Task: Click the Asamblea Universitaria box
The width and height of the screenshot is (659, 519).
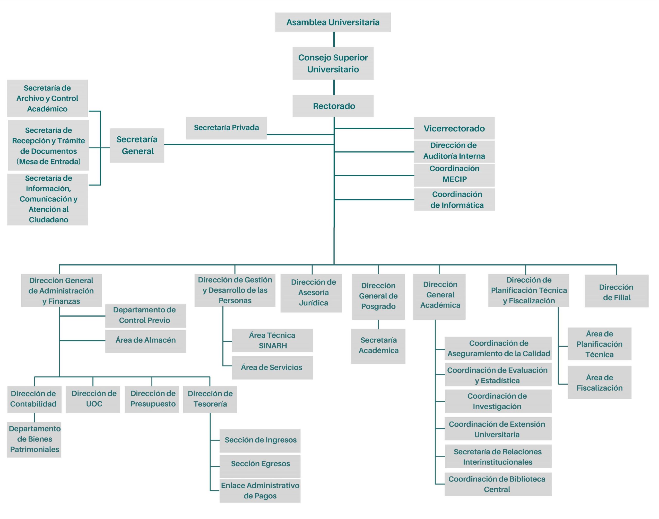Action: click(333, 22)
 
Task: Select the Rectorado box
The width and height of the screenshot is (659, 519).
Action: click(333, 106)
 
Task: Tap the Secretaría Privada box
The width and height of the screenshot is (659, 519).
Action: click(226, 128)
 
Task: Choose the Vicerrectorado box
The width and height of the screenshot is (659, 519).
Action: click(454, 128)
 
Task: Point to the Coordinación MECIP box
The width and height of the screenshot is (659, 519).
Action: click(454, 175)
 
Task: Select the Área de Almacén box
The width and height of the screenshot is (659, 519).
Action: click(146, 340)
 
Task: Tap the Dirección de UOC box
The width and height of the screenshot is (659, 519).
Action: click(93, 399)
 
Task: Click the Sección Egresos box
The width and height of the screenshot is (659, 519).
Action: click(260, 464)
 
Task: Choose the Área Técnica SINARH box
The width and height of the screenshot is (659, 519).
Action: click(272, 340)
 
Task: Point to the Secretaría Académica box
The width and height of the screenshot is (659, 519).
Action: click(378, 346)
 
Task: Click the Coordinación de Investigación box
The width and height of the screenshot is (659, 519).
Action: click(498, 401)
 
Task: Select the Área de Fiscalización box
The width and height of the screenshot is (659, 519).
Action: click(600, 383)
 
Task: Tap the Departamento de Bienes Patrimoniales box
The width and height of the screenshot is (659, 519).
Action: click(34, 439)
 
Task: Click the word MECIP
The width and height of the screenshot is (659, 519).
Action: click(454, 179)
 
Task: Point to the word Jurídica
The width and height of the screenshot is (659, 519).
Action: click(313, 303)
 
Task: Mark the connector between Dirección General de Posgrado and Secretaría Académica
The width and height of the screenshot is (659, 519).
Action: click(378, 324)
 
